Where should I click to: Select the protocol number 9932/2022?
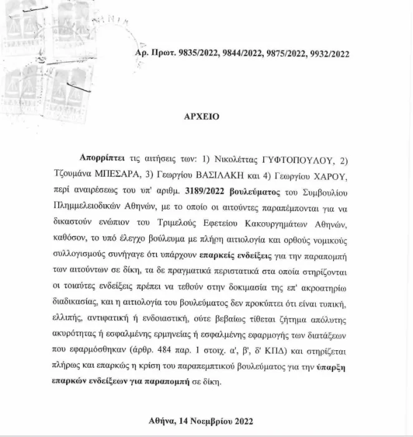coord(327,54)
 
